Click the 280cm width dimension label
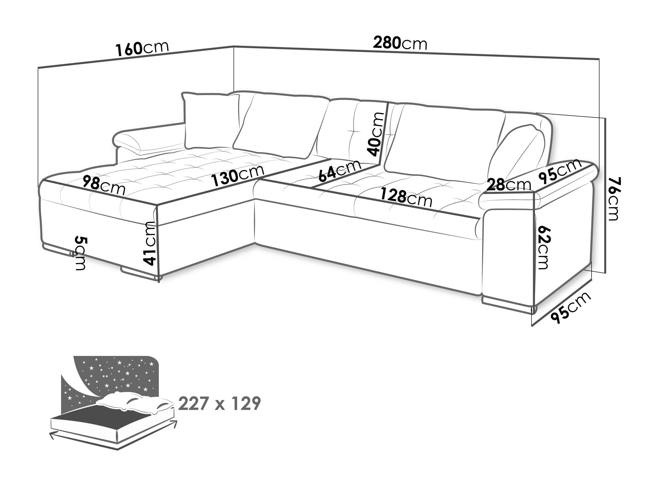(x=400, y=43)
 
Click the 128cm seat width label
(x=406, y=197)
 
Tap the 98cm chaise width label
(x=104, y=185)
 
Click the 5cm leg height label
(x=80, y=253)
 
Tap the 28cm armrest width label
(x=509, y=185)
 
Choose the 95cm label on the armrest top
(x=560, y=170)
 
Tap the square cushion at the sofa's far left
(x=211, y=121)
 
